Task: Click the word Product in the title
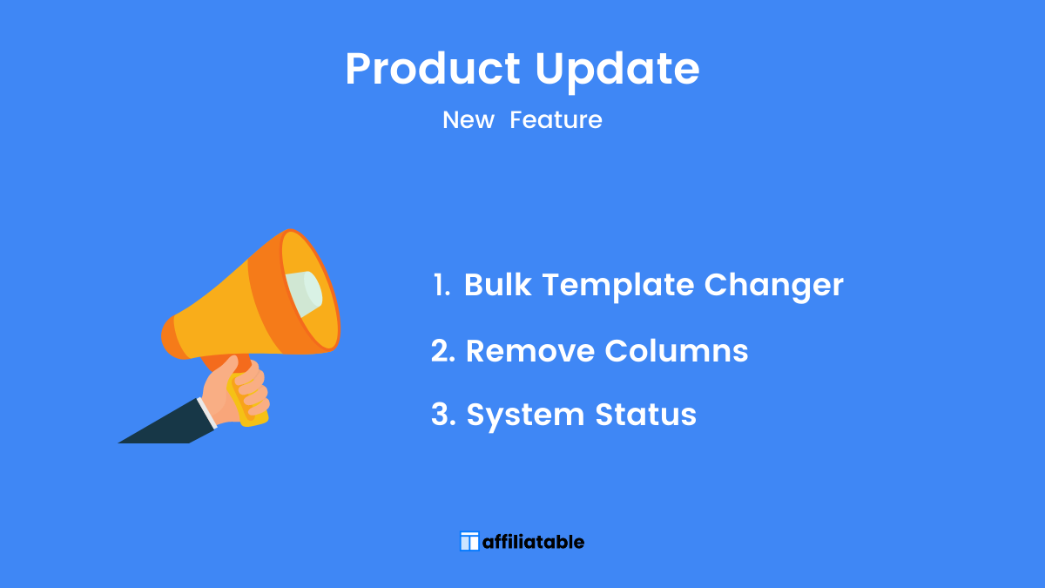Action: (x=433, y=69)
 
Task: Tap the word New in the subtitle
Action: (x=468, y=120)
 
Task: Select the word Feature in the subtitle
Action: (x=556, y=120)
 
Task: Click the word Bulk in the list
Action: (x=497, y=284)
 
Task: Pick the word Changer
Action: (x=773, y=287)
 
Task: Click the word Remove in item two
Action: (x=530, y=351)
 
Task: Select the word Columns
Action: (x=677, y=350)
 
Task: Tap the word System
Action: (x=525, y=416)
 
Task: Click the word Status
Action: (x=645, y=415)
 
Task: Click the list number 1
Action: (x=442, y=285)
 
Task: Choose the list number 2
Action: (x=442, y=350)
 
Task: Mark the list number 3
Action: (x=443, y=415)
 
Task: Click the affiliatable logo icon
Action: (x=469, y=541)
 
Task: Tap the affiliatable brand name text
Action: (x=533, y=542)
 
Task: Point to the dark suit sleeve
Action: (x=167, y=422)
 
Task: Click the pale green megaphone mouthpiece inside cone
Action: (x=304, y=294)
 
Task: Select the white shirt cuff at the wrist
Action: (x=206, y=413)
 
